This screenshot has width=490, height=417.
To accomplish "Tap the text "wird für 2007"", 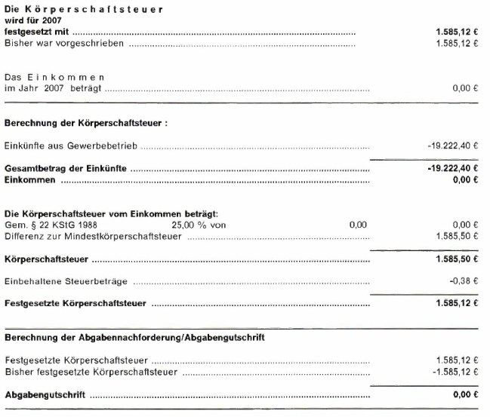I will point(33,21).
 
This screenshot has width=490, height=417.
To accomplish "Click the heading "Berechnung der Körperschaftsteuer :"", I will point(85,123).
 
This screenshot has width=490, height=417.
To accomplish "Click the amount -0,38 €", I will point(467,282).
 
